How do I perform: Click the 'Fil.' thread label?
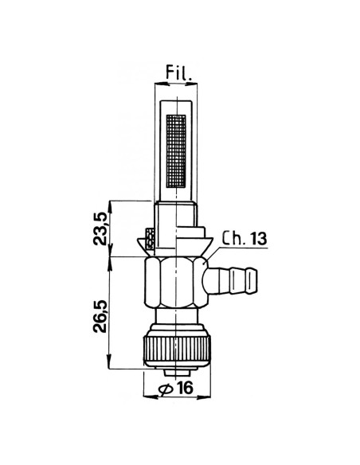pyautogui.click(x=178, y=72)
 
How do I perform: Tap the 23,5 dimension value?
pyautogui.click(x=100, y=228)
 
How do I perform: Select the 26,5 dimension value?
pyautogui.click(x=100, y=316)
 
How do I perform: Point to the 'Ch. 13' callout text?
pyautogui.click(x=245, y=238)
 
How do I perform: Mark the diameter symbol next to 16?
pyautogui.click(x=166, y=389)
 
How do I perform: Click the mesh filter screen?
pyautogui.click(x=176, y=151)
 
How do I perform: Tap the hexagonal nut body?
pyautogui.click(x=176, y=283)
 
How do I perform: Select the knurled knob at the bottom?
pyautogui.click(x=177, y=349)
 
